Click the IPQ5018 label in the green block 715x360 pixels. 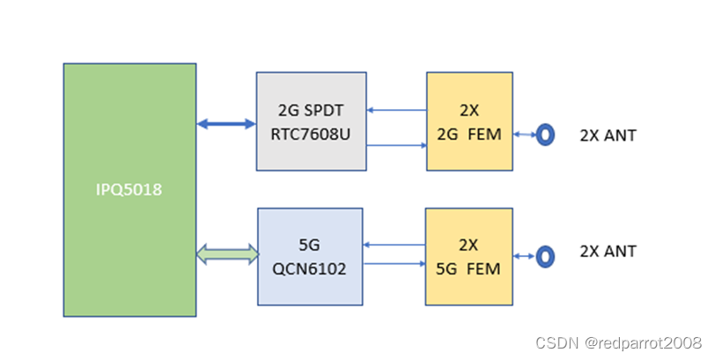129,189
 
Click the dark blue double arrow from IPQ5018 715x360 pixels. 226,124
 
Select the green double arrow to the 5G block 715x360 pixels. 226,255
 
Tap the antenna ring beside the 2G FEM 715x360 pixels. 546,135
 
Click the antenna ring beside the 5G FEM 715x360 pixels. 546,256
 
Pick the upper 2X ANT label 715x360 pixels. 608,136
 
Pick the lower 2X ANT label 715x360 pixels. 608,252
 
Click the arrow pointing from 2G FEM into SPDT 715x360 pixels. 395,110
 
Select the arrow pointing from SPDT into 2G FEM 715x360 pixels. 395,144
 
